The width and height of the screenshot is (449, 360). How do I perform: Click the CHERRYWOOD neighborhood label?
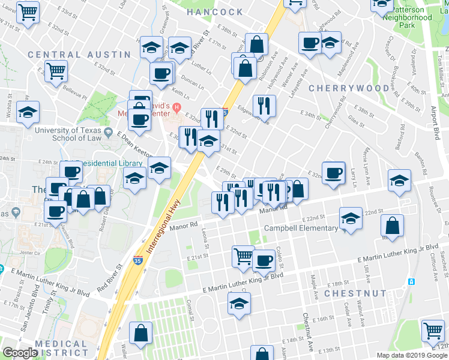point(349,88)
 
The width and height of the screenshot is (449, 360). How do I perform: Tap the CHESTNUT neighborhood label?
point(355,293)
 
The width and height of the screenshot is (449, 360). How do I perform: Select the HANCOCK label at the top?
point(214,12)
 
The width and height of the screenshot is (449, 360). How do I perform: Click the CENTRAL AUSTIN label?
point(79,55)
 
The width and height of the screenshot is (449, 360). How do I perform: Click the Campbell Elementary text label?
point(300,229)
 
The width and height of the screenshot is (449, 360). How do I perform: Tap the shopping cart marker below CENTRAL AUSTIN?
point(56,70)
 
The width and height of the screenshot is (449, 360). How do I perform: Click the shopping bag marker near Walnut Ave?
point(392,226)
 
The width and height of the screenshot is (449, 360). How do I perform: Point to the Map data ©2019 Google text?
point(411,355)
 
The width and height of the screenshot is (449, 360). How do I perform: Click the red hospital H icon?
point(176,108)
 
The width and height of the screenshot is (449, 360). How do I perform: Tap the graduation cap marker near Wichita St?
point(28,112)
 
